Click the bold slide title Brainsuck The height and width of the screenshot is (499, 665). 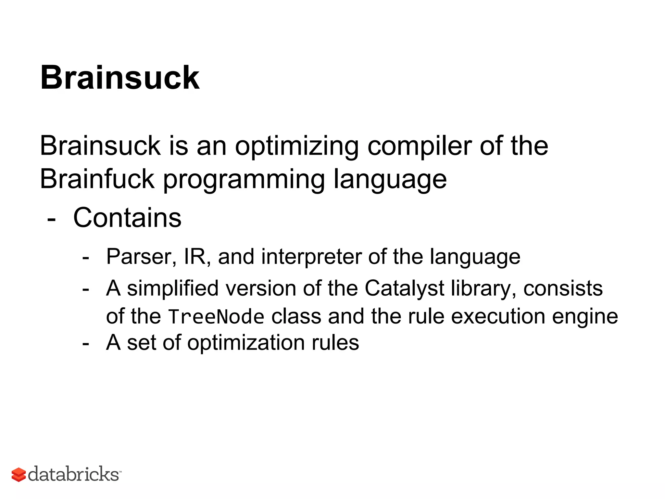tap(119, 78)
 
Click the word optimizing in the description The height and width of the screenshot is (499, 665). tap(296, 146)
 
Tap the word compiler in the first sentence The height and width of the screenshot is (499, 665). tap(419, 146)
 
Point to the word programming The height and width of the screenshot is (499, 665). tap(244, 180)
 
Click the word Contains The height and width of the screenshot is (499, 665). tap(127, 218)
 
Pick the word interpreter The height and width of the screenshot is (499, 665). tap(311, 257)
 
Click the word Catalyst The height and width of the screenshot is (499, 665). tap(404, 288)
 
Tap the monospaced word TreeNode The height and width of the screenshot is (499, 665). tap(216, 317)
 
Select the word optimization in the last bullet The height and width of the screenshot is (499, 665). tap(246, 343)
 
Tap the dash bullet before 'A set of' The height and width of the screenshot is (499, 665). tap(86, 344)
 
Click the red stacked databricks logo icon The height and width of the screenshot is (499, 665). tap(19, 475)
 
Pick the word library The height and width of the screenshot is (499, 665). tap(484, 288)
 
